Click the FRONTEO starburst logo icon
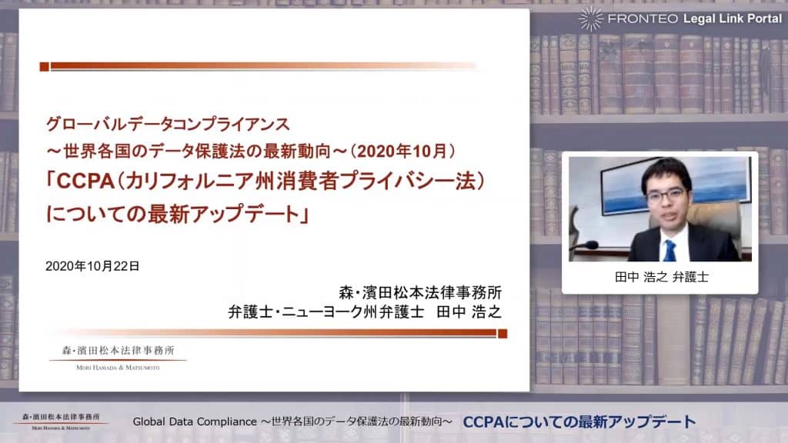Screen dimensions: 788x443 [590, 19]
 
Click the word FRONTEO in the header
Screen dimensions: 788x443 [643, 19]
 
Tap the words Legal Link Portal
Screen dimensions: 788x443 [733, 19]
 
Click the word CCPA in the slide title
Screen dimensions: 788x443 [85, 181]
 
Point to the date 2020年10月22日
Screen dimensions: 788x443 [92, 266]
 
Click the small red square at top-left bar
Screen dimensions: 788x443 [44, 66]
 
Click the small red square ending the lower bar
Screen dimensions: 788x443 [502, 334]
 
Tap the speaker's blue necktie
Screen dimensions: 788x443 [669, 250]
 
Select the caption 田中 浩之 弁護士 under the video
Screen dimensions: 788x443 [661, 277]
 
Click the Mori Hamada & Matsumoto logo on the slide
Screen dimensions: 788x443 [118, 357]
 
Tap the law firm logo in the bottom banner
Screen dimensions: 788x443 [60, 421]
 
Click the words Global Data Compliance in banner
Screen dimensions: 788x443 [195, 422]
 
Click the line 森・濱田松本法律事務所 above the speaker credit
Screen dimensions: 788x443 [420, 292]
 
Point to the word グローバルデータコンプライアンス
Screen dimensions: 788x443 [168, 124]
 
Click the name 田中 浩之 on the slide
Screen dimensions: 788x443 [469, 312]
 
